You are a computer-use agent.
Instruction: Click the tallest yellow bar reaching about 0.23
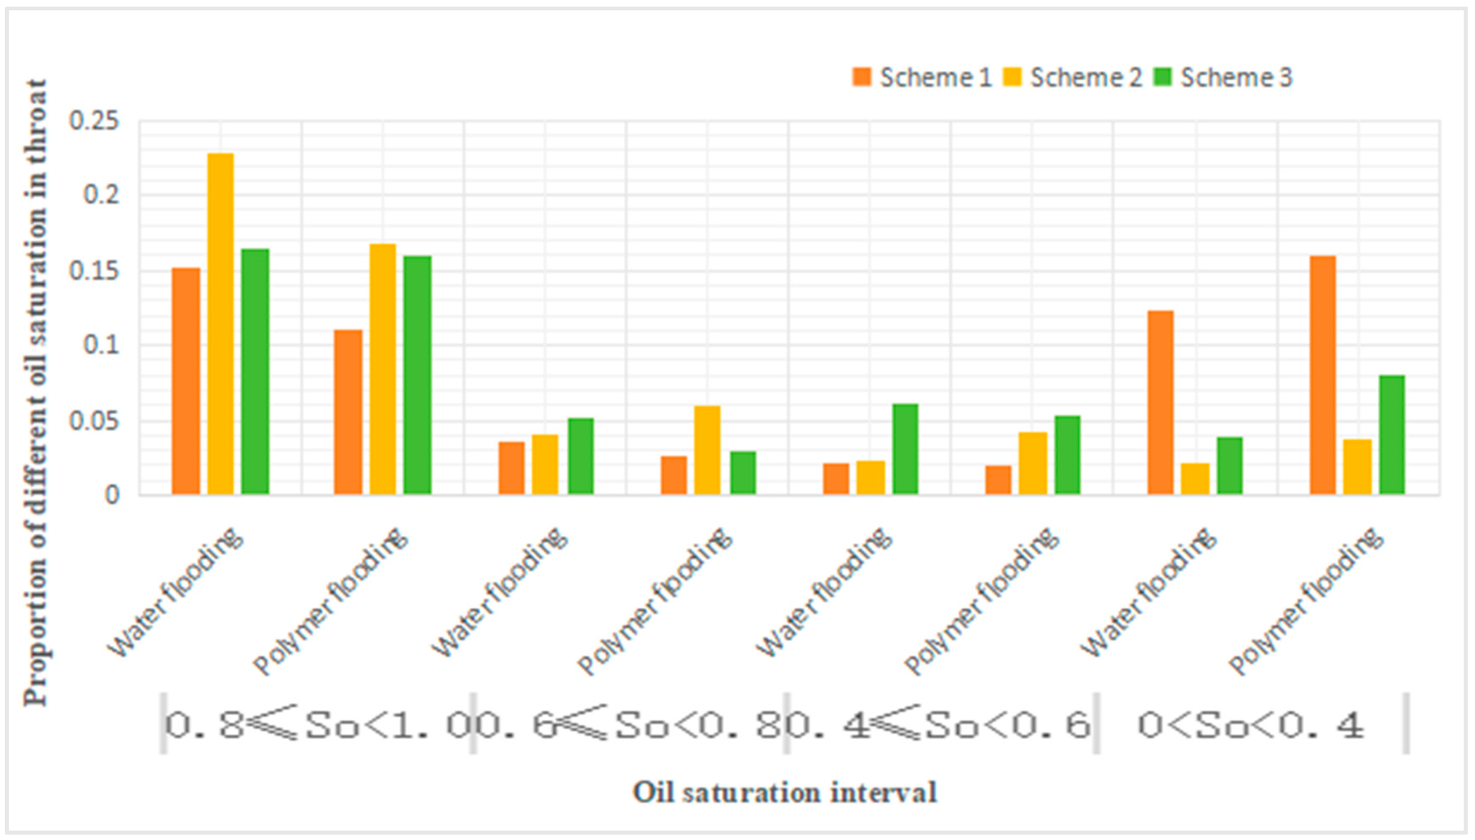pos(221,323)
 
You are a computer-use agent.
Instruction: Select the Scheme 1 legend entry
pos(922,78)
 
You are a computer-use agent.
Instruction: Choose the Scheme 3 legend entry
pos(1223,78)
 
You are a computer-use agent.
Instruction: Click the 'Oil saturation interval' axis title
pos(785,792)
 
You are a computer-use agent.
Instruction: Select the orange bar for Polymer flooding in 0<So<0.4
pos(1323,375)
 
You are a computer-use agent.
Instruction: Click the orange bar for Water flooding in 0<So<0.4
pos(1160,402)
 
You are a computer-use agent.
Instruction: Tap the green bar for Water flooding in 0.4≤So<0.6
pos(905,449)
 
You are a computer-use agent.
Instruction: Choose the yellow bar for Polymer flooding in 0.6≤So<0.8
pos(707,450)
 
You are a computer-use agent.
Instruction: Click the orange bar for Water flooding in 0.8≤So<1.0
pos(186,381)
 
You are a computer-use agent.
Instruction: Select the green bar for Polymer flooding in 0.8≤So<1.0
pos(417,375)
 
